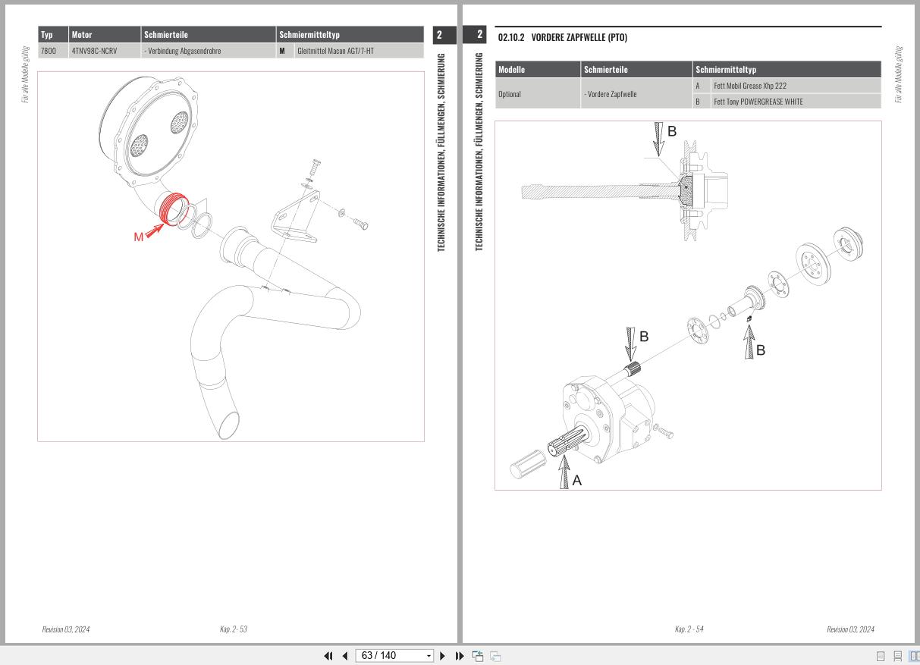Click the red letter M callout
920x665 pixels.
click(138, 237)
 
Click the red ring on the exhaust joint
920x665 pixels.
click(174, 210)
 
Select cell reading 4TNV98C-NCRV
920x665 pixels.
click(94, 51)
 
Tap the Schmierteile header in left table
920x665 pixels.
click(166, 35)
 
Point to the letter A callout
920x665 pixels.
click(577, 480)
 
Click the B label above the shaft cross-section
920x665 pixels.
click(671, 131)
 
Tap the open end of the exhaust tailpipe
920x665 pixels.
click(228, 425)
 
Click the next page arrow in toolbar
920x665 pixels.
click(443, 656)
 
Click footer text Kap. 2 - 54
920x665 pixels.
click(689, 629)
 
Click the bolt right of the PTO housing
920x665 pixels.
click(664, 432)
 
